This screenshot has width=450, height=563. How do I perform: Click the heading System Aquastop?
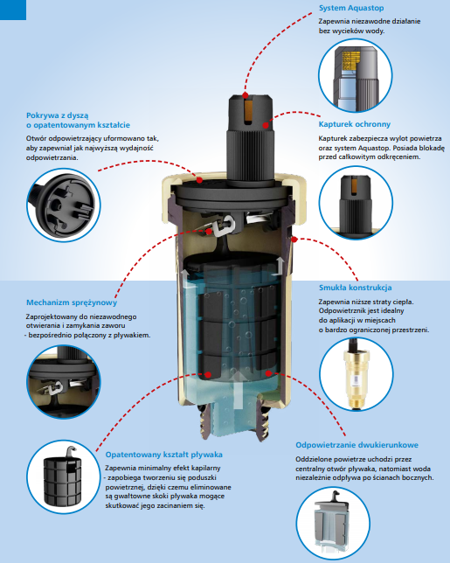[x=351, y=8]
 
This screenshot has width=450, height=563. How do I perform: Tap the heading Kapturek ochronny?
[x=355, y=124]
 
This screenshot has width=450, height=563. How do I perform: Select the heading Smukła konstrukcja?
[x=356, y=288]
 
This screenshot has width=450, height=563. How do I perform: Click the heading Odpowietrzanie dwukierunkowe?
[x=357, y=445]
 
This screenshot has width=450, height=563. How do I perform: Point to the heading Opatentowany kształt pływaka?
[x=164, y=455]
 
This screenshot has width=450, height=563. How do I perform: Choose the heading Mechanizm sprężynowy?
[x=72, y=302]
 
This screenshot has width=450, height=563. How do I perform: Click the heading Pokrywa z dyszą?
[x=58, y=115]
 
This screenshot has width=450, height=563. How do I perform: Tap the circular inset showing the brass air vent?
[x=356, y=374]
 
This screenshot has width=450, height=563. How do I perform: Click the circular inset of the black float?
[x=63, y=476]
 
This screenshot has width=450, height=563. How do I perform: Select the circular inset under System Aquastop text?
[x=356, y=76]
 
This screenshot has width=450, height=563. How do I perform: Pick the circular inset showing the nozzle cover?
[x=64, y=205]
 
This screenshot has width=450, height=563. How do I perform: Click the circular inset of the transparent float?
[x=333, y=524]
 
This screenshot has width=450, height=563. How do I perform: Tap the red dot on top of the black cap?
[x=245, y=95]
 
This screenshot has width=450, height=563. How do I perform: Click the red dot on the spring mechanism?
[x=209, y=232]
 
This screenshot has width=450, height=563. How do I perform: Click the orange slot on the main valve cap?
[x=246, y=111]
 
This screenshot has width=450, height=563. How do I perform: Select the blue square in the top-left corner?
[x=13, y=10]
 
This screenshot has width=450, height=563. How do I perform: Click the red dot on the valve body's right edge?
[x=294, y=240]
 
